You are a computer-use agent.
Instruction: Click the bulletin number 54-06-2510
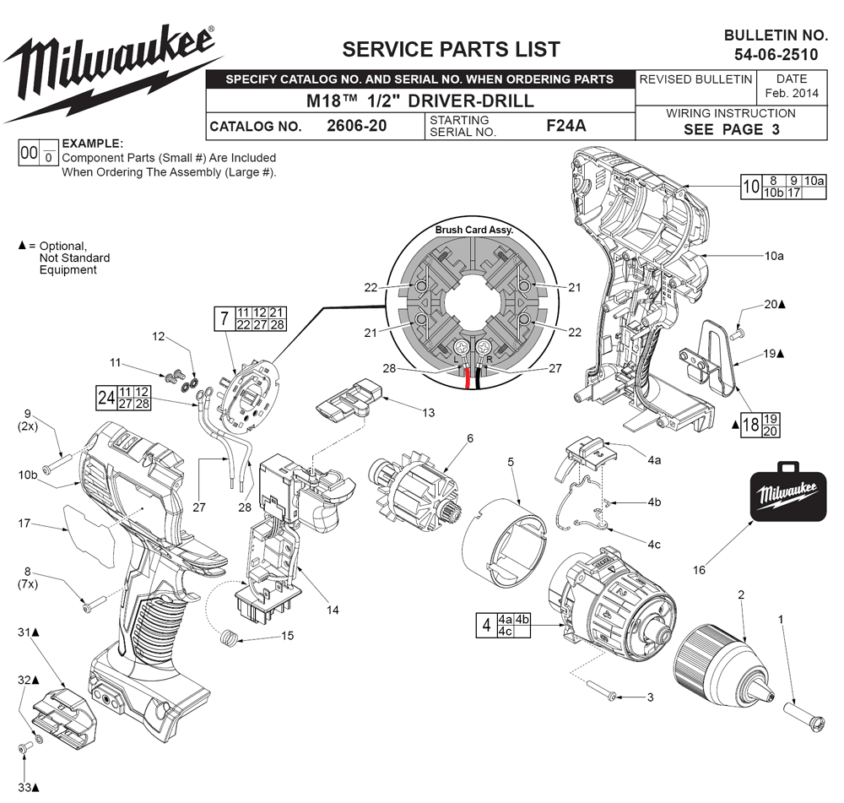[x=776, y=55]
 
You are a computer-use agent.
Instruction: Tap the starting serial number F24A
[x=565, y=126]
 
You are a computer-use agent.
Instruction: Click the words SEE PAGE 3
[x=731, y=129]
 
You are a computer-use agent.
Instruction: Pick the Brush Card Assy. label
[x=473, y=230]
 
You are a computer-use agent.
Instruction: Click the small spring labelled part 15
[x=226, y=638]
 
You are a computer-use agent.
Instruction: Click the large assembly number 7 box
[x=223, y=319]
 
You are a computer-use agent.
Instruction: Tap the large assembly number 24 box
[x=105, y=397]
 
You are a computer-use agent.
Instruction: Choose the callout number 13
[x=429, y=412]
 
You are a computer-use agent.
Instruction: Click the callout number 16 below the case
[x=699, y=570]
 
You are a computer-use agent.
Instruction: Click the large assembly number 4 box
[x=485, y=626]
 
